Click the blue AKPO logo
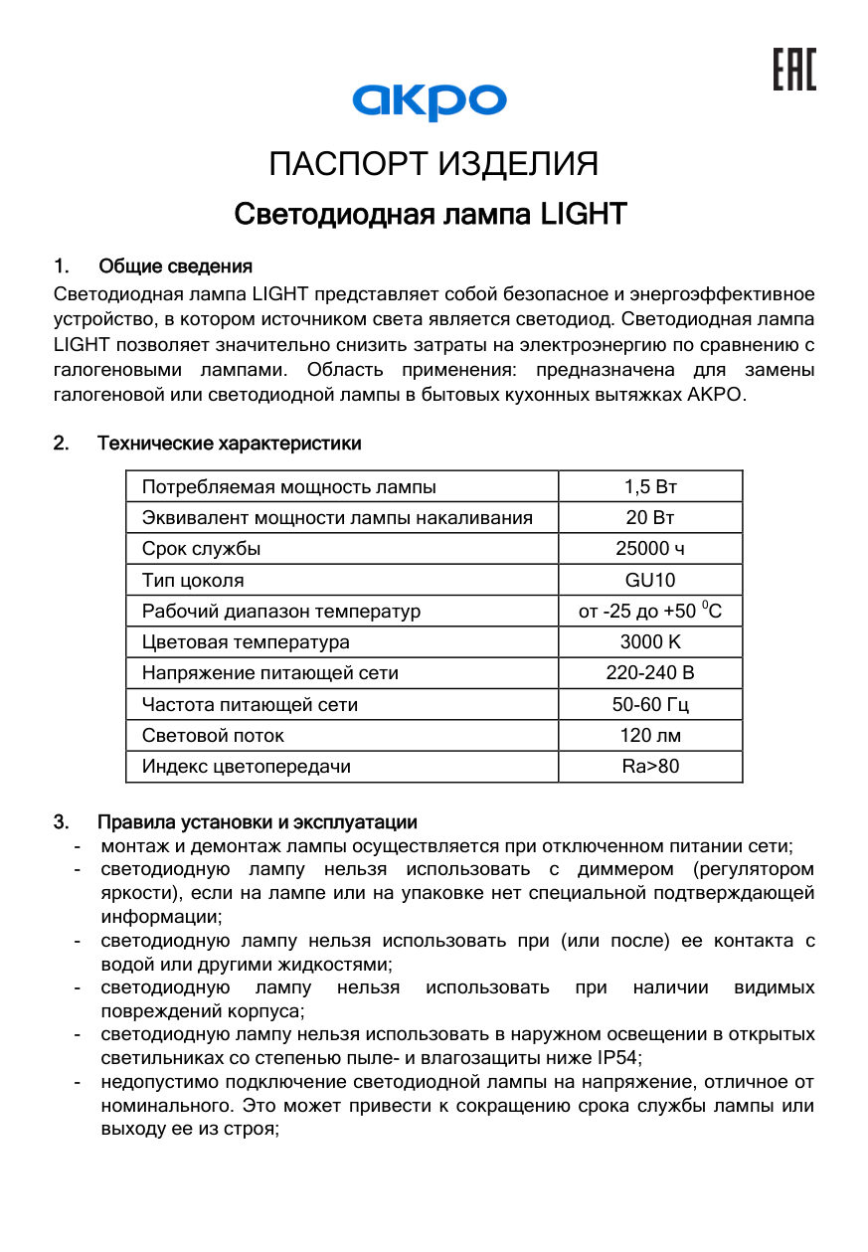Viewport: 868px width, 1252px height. pyautogui.click(x=430, y=100)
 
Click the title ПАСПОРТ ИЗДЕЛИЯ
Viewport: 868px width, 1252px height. pyautogui.click(x=434, y=164)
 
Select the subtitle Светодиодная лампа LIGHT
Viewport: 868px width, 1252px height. pyautogui.click(x=430, y=214)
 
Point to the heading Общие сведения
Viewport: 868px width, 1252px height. pyautogui.click(x=175, y=267)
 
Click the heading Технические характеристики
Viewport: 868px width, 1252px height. pyautogui.click(x=229, y=444)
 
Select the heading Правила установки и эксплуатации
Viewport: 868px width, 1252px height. pyautogui.click(x=257, y=822)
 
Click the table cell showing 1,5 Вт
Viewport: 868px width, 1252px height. pyautogui.click(x=650, y=486)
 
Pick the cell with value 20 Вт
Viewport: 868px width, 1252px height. pyautogui.click(x=650, y=517)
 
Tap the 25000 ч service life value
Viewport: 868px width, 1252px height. pyautogui.click(x=650, y=549)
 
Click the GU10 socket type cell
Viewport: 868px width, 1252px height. pyautogui.click(x=650, y=580)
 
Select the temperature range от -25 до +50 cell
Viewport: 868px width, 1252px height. pyautogui.click(x=650, y=611)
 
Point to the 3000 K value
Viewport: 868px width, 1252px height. pyautogui.click(x=650, y=642)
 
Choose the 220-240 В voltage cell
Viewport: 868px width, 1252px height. pyautogui.click(x=650, y=673)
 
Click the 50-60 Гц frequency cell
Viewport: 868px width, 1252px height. pyautogui.click(x=650, y=705)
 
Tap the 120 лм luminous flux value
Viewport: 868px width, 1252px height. pyautogui.click(x=650, y=736)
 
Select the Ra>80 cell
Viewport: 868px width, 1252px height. pyautogui.click(x=650, y=767)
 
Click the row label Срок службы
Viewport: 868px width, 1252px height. pyautogui.click(x=202, y=549)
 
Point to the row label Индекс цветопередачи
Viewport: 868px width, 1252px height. pyautogui.click(x=246, y=767)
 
